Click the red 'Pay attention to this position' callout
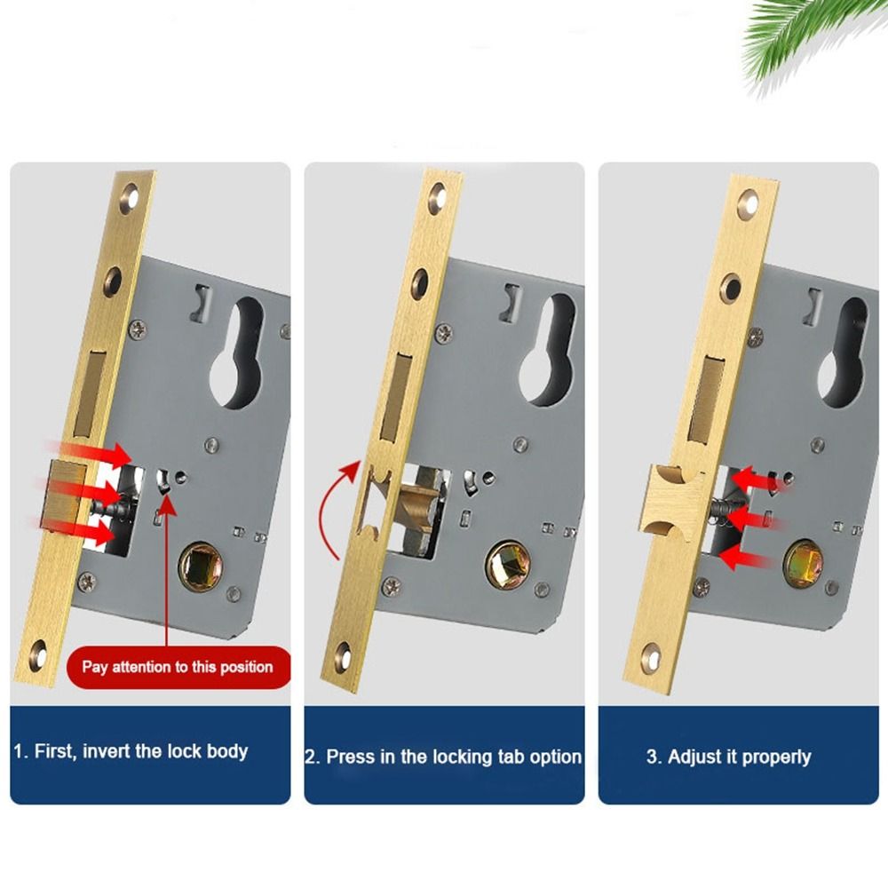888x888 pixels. [178, 666]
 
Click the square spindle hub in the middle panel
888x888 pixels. [506, 562]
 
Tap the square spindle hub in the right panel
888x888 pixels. [803, 566]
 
